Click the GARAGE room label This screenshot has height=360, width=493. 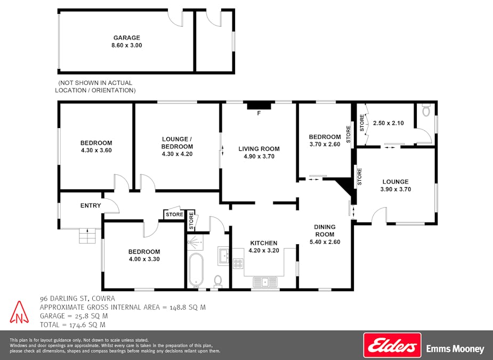coord(127,38)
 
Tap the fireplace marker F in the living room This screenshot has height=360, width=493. coord(259,113)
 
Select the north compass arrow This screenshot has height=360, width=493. coord(20,312)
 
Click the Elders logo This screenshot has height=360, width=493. coord(392,345)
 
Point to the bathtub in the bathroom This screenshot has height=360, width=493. coord(196,270)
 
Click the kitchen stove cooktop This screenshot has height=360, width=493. coord(238,263)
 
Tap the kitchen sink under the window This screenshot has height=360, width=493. coord(265,281)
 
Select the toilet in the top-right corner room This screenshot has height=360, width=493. coord(426,111)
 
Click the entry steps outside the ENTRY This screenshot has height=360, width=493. coord(87,236)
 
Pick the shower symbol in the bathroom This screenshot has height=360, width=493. coord(195,242)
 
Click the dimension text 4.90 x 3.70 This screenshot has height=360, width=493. coord(259,156)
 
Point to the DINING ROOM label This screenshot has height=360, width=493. coord(325,230)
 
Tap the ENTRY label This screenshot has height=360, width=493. coord(91,205)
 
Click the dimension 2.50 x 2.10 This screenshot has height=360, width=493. coord(389,123)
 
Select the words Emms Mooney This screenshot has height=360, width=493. coord(455,349)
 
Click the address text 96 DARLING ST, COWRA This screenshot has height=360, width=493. coord(77,298)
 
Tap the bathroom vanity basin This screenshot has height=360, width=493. coord(224,256)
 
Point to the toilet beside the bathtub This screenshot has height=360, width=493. coord(217,281)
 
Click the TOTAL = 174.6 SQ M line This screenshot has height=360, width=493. coord(72,325)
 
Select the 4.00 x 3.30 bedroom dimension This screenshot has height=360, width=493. coord(144,259)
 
